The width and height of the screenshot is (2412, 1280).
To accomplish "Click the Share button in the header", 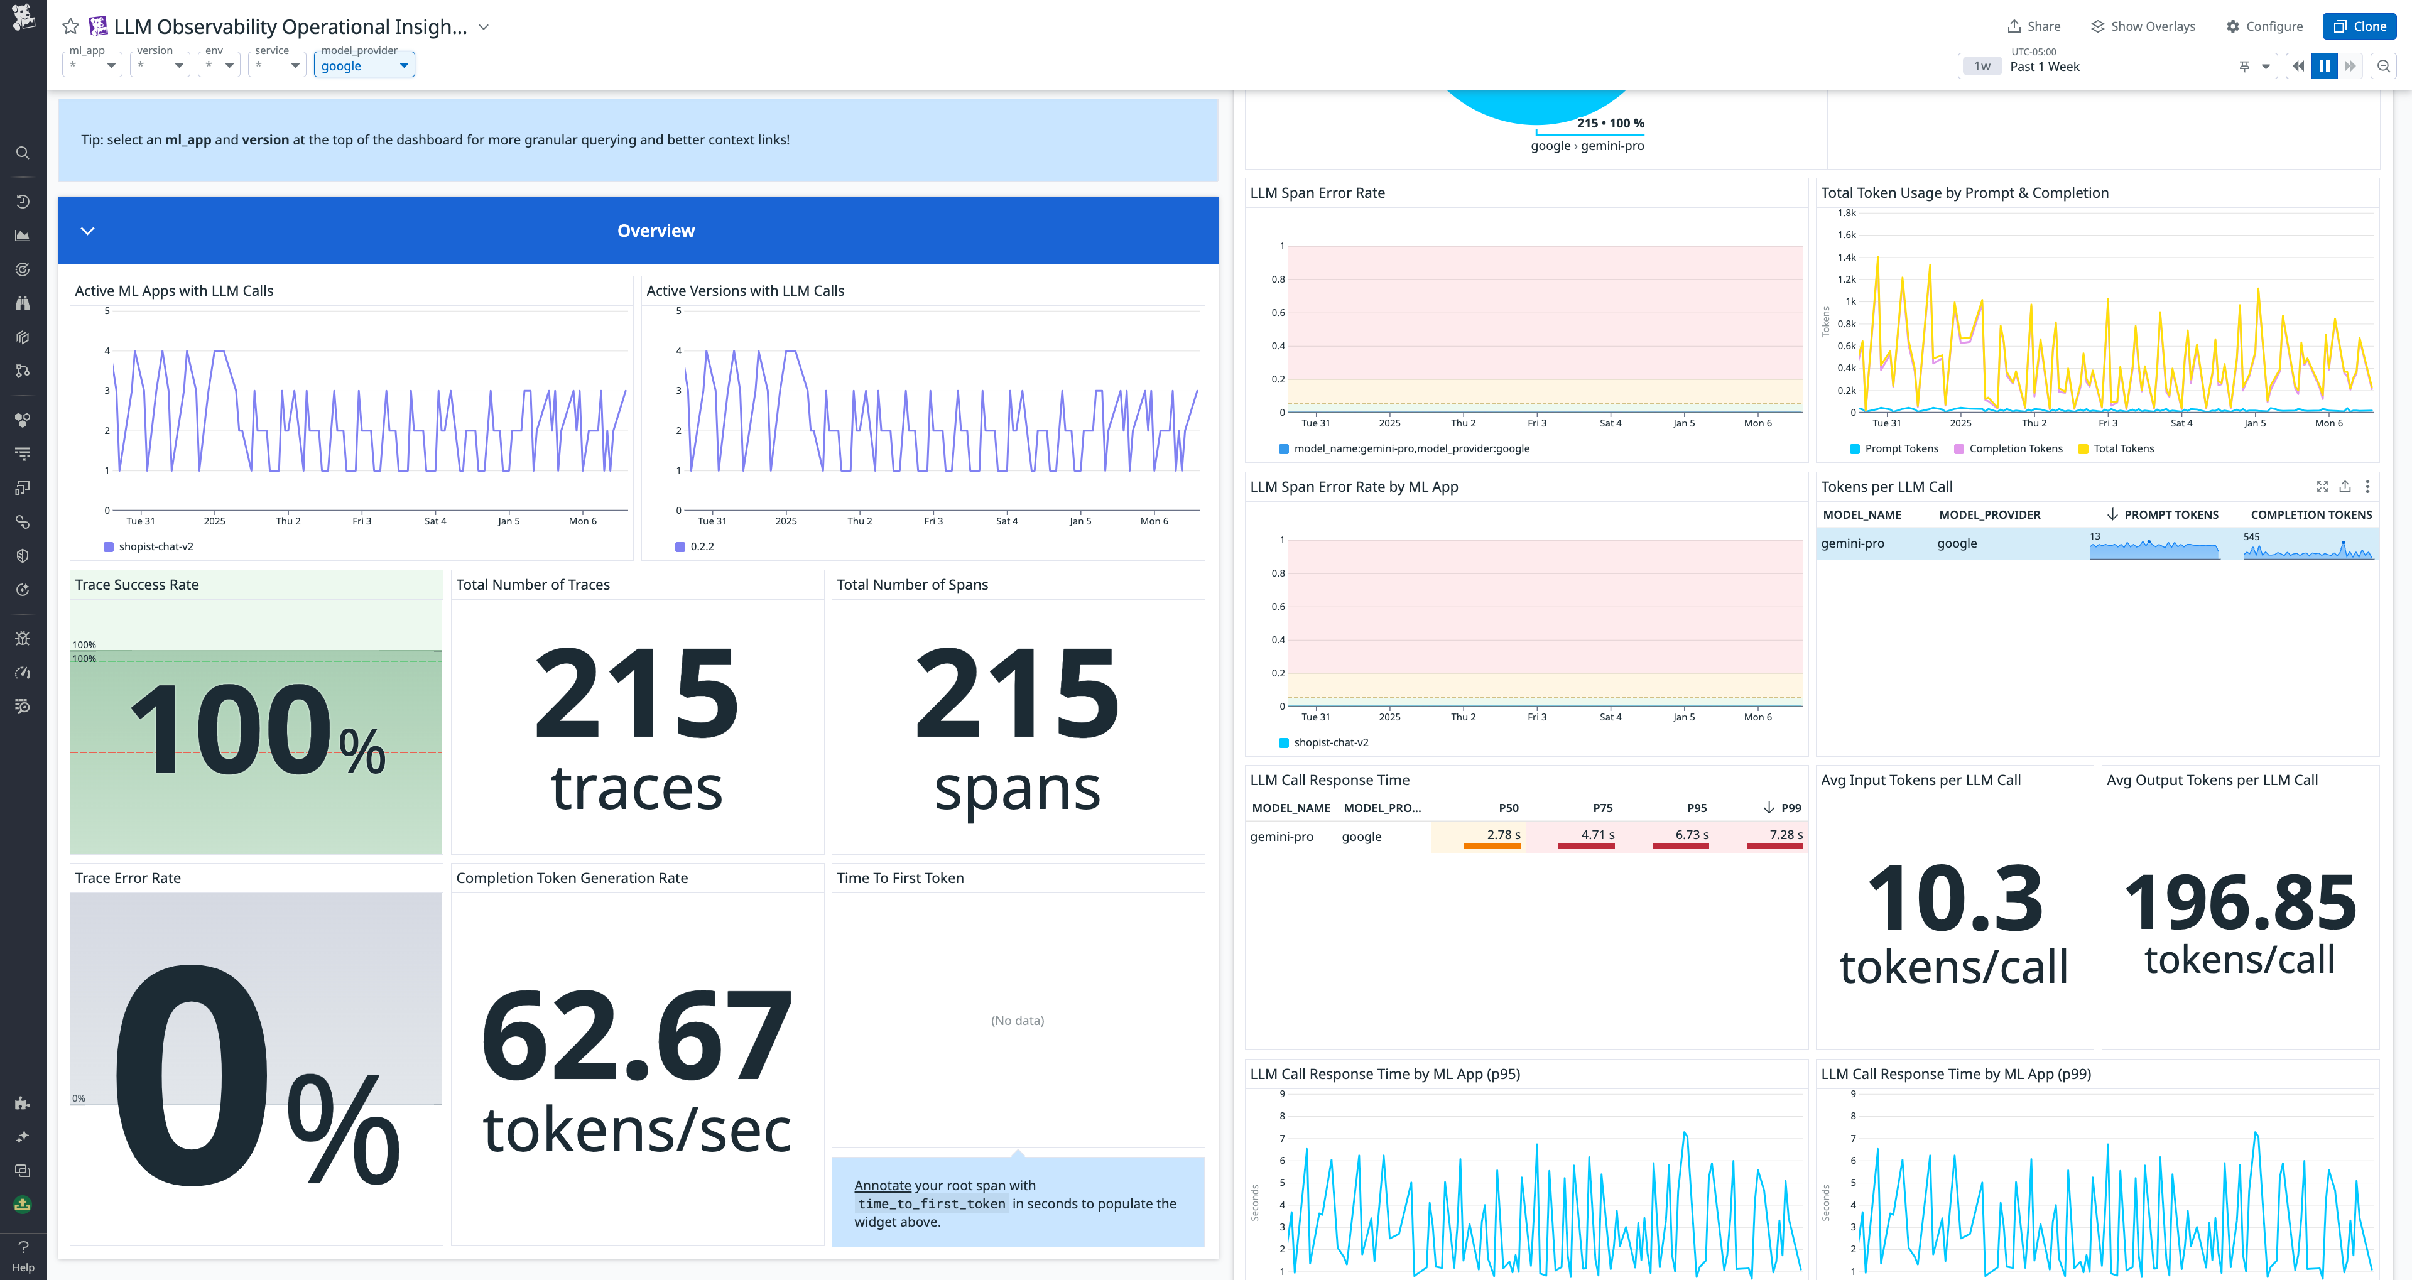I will point(2034,26).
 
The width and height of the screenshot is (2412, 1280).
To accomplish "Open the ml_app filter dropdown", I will point(92,65).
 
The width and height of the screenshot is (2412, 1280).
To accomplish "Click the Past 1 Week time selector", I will point(2116,67).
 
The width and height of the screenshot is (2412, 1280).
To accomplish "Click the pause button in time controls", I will point(2324,67).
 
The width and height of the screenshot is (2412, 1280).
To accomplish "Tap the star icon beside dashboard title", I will point(70,26).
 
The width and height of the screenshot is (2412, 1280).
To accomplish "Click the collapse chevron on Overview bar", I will point(87,231).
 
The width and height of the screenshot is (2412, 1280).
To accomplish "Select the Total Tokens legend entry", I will point(2122,448).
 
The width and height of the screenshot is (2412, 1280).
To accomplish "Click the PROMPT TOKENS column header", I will point(2170,515).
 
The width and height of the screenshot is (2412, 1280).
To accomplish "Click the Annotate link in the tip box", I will point(882,1185).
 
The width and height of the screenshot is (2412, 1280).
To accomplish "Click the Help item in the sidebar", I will point(23,1256).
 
